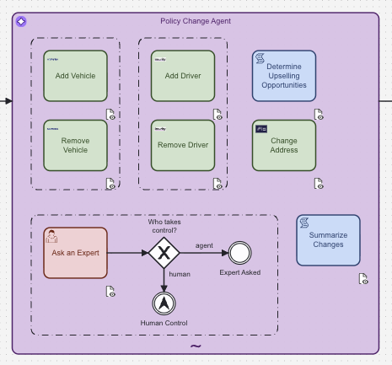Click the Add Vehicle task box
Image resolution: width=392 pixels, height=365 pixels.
point(75,76)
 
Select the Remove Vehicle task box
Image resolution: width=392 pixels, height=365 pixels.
point(75,145)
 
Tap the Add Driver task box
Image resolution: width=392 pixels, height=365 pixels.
point(182,76)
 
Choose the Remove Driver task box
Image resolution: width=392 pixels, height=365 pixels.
point(182,145)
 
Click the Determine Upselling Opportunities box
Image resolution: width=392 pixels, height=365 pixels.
point(284,76)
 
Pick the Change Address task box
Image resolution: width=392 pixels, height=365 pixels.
point(284,145)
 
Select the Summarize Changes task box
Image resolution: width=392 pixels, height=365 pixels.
point(328,239)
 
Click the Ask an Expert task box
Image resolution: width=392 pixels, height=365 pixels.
point(75,252)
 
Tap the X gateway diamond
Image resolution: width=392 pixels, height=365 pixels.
point(164,253)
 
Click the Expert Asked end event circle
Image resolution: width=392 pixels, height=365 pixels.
point(240,253)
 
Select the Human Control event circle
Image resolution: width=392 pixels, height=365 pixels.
point(164,303)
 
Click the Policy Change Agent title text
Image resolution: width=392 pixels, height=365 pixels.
point(196,20)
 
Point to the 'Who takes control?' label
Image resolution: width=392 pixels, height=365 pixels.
point(163,226)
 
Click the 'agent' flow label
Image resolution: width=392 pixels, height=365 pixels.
point(204,245)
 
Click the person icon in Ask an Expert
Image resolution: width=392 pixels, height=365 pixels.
point(52,235)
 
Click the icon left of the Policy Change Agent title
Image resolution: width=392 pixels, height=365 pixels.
point(21,21)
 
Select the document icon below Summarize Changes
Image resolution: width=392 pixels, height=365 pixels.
point(363,279)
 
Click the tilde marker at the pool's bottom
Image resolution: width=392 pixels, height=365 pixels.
point(196,346)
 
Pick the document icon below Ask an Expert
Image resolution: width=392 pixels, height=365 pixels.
point(110,292)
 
